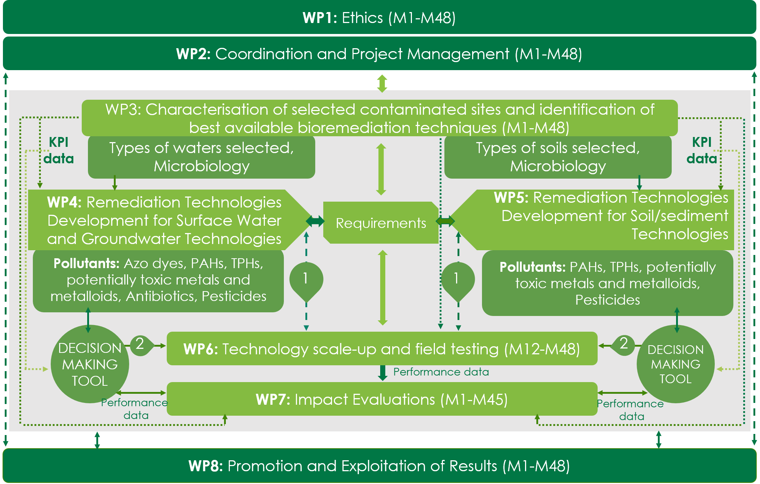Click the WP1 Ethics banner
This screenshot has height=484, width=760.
coord(379,18)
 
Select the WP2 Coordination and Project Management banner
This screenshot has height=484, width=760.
coord(379,54)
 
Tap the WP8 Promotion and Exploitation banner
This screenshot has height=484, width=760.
coord(379,466)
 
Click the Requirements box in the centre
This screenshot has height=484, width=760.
coord(381,223)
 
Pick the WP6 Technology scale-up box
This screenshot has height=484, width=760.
coord(382,349)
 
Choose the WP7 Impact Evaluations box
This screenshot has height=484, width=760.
coord(382,399)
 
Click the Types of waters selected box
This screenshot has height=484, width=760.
coord(201,157)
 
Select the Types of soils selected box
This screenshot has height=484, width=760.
coord(558,157)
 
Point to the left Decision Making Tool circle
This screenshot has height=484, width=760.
coord(90,364)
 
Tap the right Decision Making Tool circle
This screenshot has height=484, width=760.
coord(675,364)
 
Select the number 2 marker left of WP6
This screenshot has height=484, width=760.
coord(140,344)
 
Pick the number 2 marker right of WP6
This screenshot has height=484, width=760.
coord(624,344)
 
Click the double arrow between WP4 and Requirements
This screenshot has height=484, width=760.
coord(315,221)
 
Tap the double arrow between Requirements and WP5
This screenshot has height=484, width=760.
coord(445,221)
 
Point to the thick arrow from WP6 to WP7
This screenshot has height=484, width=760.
coord(382,373)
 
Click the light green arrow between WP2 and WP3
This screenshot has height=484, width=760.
coord(382,83)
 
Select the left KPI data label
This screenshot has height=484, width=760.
coord(58,150)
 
